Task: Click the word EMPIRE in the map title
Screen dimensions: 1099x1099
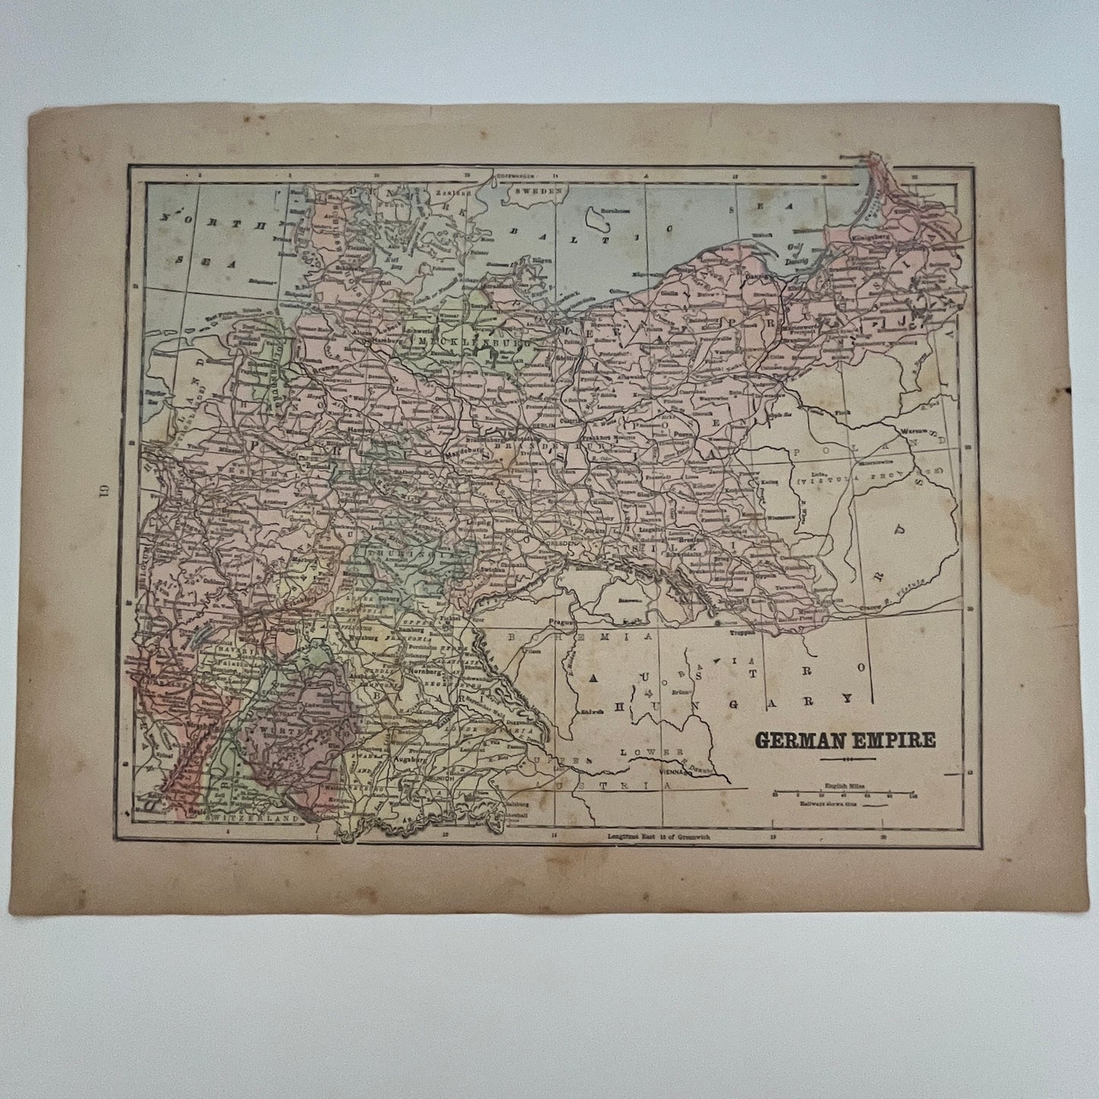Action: [895, 740]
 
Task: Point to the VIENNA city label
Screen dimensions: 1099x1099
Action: [672, 770]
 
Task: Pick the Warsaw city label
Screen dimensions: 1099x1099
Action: [911, 432]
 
